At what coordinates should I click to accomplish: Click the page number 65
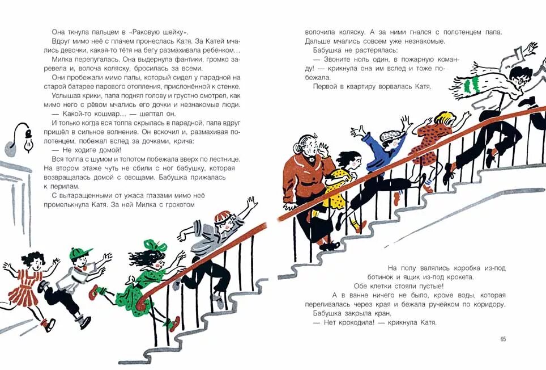(x=503, y=339)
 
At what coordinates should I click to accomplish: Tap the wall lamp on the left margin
(x=22, y=138)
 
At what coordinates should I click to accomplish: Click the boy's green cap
(x=80, y=254)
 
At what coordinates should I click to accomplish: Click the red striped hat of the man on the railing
(x=221, y=218)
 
